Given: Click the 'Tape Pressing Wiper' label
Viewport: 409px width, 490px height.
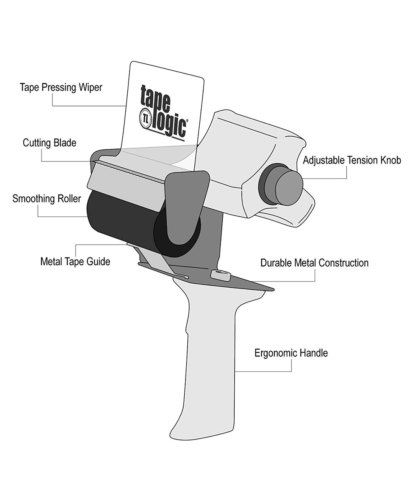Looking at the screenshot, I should click(61, 88).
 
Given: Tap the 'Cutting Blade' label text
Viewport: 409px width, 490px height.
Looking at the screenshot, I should click(49, 143).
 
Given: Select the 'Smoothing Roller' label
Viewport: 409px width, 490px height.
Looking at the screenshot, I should click(46, 199).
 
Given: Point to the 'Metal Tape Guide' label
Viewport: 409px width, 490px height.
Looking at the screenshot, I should click(75, 262).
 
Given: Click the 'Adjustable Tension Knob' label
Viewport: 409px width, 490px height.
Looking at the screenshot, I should click(352, 160).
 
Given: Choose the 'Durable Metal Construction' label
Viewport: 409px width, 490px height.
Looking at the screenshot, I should click(314, 263).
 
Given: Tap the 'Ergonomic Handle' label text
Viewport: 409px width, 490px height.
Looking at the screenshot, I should click(291, 353).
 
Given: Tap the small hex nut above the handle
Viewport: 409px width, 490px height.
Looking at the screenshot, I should click(220, 274).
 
